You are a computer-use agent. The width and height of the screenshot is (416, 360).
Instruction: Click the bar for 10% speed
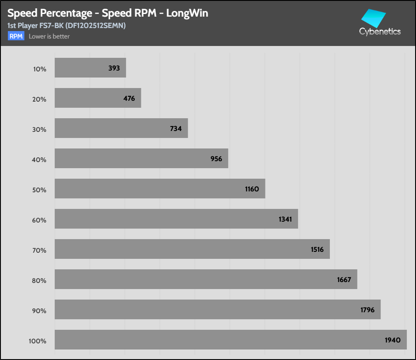pyautogui.click(x=90, y=68)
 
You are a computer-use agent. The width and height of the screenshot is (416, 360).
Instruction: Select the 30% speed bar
pyautogui.click(x=121, y=128)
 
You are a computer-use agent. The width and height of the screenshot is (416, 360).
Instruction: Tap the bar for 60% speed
pyautogui.click(x=176, y=219)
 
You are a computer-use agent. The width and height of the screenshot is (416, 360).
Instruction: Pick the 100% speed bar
pyautogui.click(x=231, y=339)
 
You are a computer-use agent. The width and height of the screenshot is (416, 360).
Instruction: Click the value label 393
pyautogui.click(x=114, y=68)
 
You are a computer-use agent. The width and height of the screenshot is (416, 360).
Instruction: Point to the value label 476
pyautogui.click(x=129, y=99)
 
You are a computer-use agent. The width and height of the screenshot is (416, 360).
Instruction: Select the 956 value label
pyautogui.click(x=216, y=159)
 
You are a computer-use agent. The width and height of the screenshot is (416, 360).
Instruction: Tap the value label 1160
pyautogui.click(x=252, y=189)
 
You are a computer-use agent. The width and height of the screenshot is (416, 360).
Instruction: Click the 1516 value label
pyautogui.click(x=317, y=250)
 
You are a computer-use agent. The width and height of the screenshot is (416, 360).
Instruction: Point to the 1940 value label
pyautogui.click(x=393, y=340)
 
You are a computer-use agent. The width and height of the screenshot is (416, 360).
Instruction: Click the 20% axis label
pyautogui.click(x=39, y=99)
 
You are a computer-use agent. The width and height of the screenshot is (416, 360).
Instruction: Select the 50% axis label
pyautogui.click(x=39, y=190)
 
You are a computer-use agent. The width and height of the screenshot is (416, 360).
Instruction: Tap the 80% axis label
pyautogui.click(x=39, y=281)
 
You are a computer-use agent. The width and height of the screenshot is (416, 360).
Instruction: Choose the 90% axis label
pyautogui.click(x=39, y=311)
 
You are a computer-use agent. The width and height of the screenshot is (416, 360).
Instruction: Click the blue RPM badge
pyautogui.click(x=16, y=36)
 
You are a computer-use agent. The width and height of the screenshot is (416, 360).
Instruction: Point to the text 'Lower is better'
pyautogui.click(x=49, y=36)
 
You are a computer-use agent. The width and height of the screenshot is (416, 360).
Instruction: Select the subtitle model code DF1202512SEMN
pyautogui.click(x=94, y=26)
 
